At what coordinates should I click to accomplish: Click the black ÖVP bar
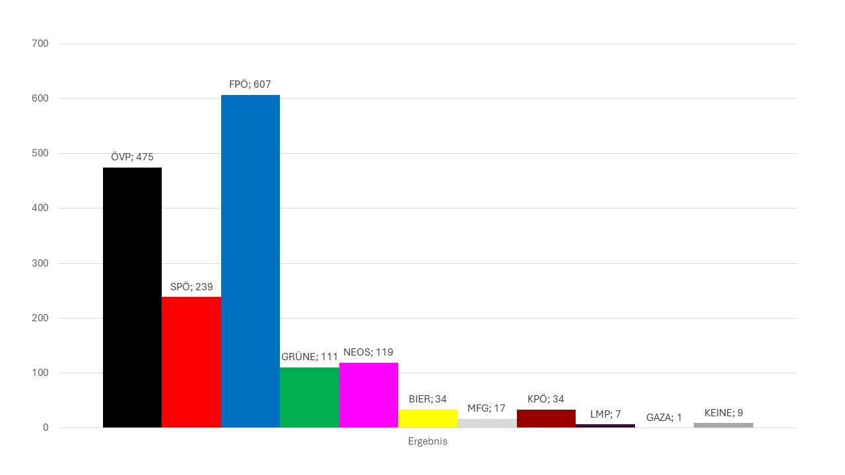(132, 297)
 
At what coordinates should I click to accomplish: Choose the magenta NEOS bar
(368, 395)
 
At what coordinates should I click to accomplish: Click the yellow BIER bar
(428, 418)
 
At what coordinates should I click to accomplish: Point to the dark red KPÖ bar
(546, 418)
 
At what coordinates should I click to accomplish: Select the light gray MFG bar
(487, 423)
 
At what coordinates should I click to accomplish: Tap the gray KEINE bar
(723, 425)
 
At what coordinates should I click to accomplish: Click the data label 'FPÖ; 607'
(250, 84)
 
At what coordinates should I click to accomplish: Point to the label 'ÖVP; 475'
(132, 157)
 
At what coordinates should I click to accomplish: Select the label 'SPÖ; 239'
(191, 287)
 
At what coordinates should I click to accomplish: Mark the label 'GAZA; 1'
(664, 417)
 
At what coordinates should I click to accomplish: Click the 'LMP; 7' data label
(605, 414)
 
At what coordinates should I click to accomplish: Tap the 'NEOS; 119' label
(368, 352)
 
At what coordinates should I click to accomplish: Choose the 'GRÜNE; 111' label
(310, 357)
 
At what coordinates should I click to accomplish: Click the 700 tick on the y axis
(40, 44)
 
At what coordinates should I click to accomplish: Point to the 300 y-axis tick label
(40, 263)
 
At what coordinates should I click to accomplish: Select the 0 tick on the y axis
(46, 427)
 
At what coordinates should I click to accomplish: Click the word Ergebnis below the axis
(427, 441)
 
